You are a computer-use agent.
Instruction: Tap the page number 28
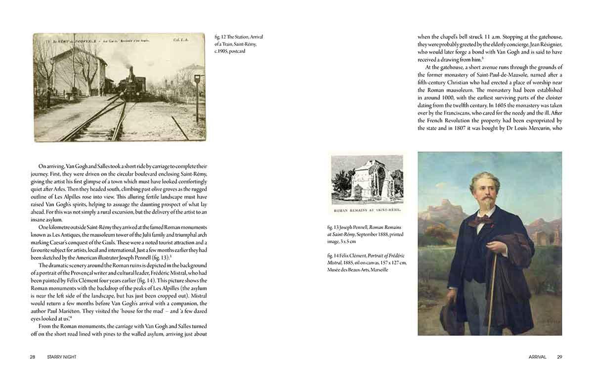(x=32, y=357)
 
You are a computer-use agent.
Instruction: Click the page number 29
(x=559, y=357)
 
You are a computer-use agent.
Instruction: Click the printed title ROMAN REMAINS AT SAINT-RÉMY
(x=367, y=210)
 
